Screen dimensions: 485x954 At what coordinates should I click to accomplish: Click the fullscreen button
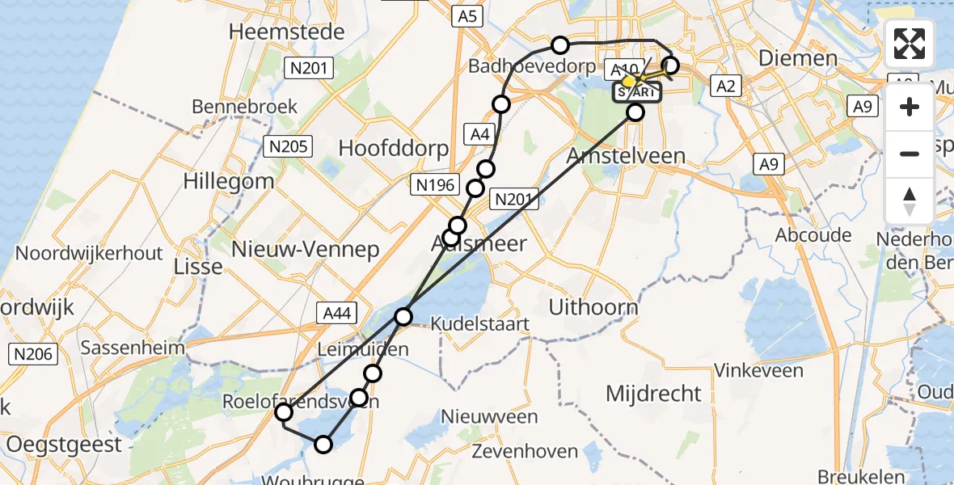[x=910, y=44]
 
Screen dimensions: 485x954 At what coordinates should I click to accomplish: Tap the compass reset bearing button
[x=910, y=201]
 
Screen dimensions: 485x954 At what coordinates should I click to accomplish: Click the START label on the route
[x=637, y=92]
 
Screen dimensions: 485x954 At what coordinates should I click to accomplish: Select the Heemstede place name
[x=287, y=32]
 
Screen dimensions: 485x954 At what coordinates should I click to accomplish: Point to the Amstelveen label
[x=627, y=156]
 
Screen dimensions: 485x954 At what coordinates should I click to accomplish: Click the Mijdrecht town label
[x=654, y=394]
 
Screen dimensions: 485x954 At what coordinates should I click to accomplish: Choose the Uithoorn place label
[x=593, y=307]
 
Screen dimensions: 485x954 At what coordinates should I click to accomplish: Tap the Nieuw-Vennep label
[x=306, y=249]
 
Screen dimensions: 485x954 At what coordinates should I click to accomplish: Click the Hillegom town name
[x=229, y=180]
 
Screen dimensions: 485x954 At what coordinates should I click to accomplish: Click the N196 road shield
[x=435, y=184]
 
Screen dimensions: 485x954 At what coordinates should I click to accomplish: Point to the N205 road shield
[x=287, y=145]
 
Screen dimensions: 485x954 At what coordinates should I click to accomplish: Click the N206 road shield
[x=32, y=353]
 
